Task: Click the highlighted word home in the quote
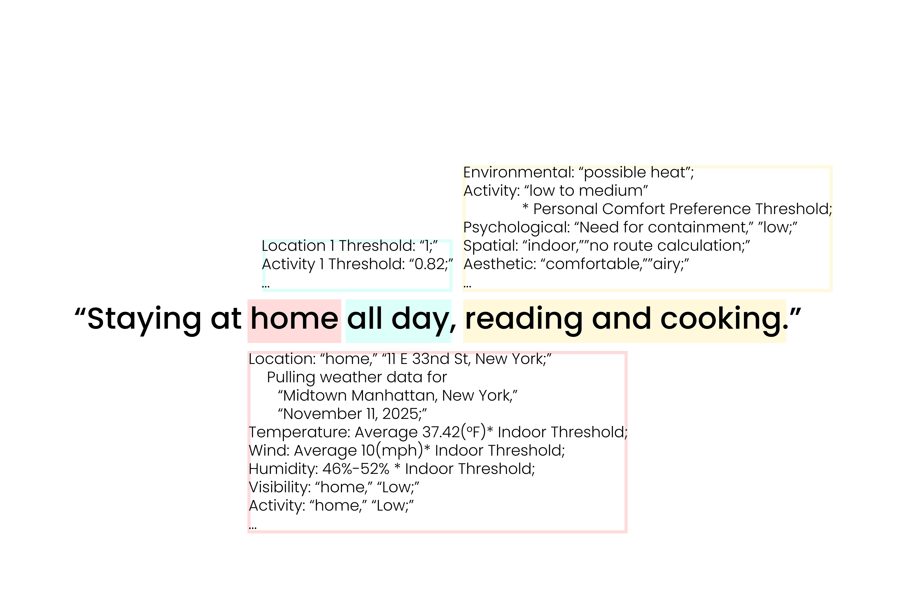tap(294, 319)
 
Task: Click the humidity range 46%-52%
tap(356, 469)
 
